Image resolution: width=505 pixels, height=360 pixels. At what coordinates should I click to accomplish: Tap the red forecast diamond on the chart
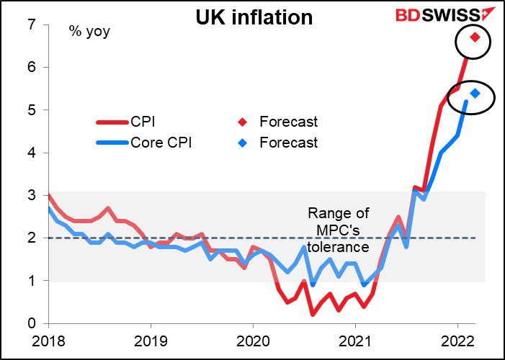tap(475, 37)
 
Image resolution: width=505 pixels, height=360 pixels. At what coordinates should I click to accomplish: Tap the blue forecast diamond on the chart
tap(475, 93)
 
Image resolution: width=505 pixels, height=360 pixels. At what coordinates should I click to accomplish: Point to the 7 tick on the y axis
tap(32, 25)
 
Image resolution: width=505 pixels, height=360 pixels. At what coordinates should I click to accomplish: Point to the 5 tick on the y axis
tap(32, 110)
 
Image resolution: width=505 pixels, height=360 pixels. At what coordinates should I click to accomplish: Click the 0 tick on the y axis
tap(32, 323)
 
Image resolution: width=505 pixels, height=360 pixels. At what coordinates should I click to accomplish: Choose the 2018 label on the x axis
tap(45, 339)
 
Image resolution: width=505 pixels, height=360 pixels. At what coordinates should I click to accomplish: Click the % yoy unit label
tap(85, 32)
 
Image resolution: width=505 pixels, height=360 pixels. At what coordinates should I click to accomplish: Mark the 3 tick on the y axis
tap(32, 195)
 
